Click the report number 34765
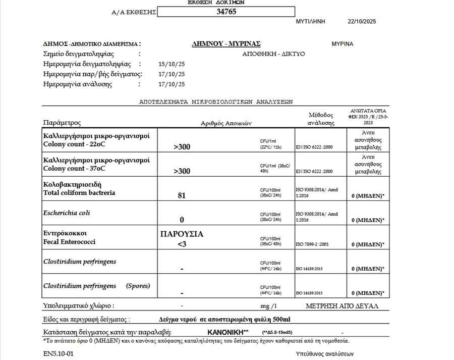point(226,12)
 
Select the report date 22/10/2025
point(362,22)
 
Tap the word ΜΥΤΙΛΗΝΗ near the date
point(311,22)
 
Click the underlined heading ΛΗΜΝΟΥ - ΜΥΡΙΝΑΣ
point(226,44)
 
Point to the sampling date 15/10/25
point(172,64)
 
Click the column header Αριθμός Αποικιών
point(226,123)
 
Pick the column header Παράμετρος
point(62,123)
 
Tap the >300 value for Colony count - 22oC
point(182,147)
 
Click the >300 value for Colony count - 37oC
point(182,171)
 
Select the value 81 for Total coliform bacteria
point(182,195)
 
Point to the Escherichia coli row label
point(67,213)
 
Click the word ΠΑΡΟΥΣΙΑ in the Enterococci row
point(182,234)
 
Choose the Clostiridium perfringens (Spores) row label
point(97,286)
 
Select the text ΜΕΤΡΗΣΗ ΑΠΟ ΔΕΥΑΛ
point(342,306)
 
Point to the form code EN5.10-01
point(59,353)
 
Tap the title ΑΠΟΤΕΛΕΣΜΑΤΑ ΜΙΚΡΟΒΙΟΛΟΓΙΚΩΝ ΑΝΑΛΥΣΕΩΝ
point(215,101)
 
